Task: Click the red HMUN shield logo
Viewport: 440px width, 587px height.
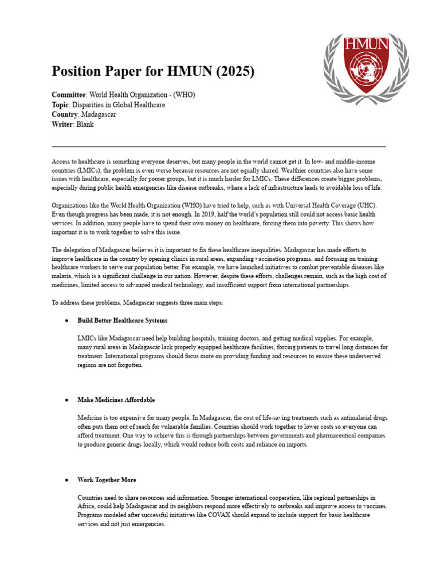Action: [x=366, y=62]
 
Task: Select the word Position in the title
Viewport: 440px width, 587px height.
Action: [x=78, y=72]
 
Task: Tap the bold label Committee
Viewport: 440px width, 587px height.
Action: [x=68, y=95]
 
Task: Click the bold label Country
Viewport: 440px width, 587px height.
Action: [x=65, y=114]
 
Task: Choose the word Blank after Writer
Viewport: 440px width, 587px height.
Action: [x=85, y=124]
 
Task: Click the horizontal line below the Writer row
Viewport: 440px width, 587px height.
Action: [x=218, y=147]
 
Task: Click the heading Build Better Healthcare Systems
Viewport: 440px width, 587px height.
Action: [x=123, y=320]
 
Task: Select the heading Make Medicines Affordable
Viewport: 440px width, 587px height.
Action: [x=116, y=400]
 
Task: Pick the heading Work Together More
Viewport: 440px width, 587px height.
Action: [x=107, y=479]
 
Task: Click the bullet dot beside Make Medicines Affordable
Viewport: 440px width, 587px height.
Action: [x=67, y=400]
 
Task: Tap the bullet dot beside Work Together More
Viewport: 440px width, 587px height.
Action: [x=67, y=479]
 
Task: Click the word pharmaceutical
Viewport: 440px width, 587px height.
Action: [x=324, y=436]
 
